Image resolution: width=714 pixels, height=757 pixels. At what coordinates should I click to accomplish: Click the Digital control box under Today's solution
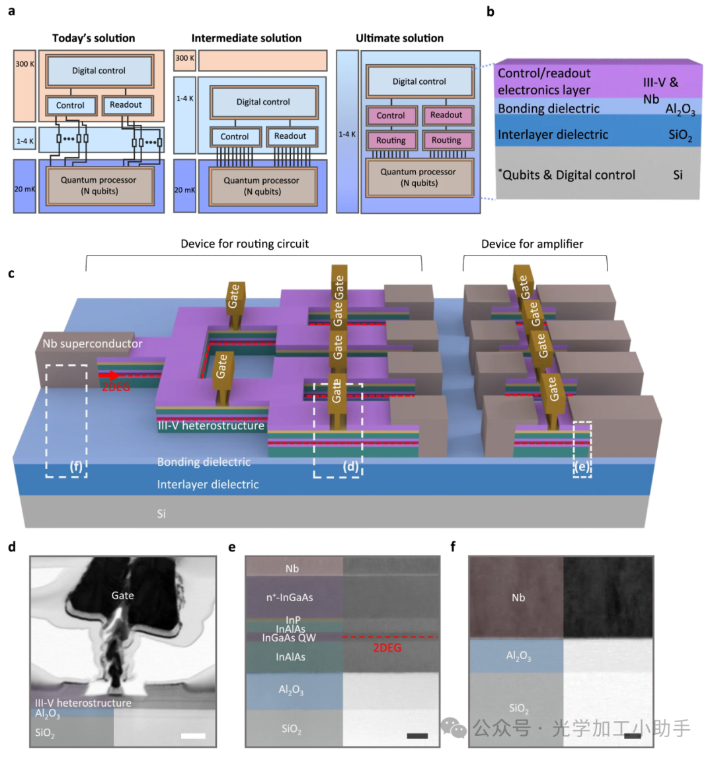click(x=99, y=71)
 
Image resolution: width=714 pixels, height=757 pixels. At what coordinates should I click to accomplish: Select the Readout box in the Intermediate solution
click(x=290, y=136)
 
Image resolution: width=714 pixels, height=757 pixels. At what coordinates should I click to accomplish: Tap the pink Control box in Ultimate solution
click(x=391, y=116)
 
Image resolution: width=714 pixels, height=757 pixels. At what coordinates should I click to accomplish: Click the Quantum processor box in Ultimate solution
click(x=418, y=177)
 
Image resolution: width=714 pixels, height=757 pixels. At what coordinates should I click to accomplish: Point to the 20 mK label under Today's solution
click(x=24, y=189)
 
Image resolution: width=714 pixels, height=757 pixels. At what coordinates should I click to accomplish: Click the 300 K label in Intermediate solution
click(x=184, y=59)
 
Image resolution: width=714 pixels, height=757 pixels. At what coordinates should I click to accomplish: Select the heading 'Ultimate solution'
click(x=399, y=38)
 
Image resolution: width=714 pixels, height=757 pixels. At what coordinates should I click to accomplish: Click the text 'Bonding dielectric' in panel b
click(x=548, y=109)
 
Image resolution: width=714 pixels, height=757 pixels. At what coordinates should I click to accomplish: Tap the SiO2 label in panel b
click(x=680, y=135)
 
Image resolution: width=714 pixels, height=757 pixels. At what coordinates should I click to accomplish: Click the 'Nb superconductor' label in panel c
click(x=92, y=344)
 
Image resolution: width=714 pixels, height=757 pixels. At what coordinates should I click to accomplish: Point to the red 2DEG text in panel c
click(x=116, y=388)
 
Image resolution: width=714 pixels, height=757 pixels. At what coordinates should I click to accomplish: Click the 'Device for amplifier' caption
click(x=532, y=244)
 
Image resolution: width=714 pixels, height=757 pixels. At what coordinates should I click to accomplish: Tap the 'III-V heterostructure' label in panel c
click(x=211, y=426)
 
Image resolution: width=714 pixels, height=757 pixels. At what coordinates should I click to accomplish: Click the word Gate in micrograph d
click(x=122, y=595)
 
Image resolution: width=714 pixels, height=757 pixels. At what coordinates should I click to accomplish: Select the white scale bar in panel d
click(x=193, y=735)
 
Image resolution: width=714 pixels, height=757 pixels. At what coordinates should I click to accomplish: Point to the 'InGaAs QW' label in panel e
click(x=289, y=638)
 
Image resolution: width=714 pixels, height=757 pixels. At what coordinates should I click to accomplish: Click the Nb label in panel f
click(x=518, y=597)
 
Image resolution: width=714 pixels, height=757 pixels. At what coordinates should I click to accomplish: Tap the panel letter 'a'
click(x=12, y=11)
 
